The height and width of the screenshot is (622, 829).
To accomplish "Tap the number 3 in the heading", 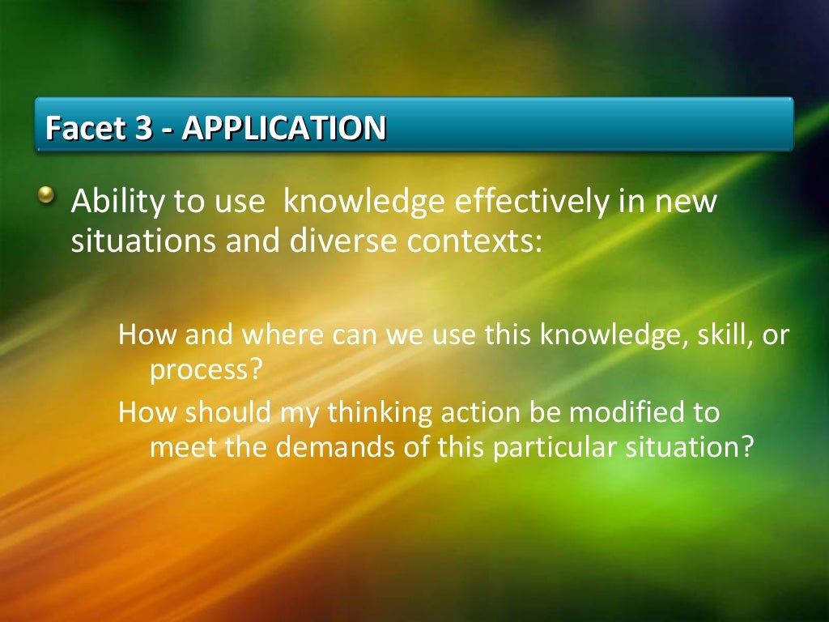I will pyautogui.click(x=142, y=127).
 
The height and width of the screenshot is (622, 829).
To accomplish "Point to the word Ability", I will pyautogui.click(x=117, y=202).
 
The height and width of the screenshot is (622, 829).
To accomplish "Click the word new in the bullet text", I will pyautogui.click(x=686, y=202).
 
